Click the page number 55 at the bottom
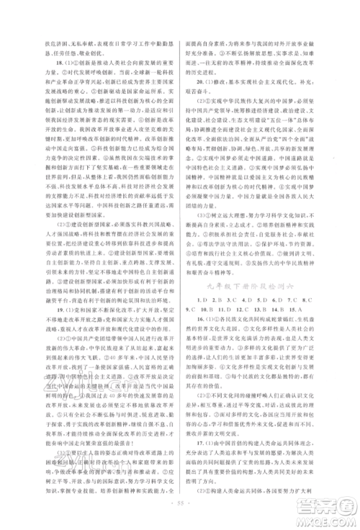point(180,498)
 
